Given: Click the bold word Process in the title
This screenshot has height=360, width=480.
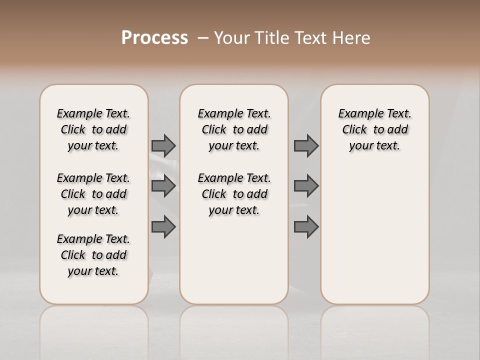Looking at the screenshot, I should coord(154,37).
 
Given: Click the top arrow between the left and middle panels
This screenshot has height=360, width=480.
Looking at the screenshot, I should coord(163,145).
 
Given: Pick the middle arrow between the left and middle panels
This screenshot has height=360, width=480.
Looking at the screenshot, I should coord(163,186).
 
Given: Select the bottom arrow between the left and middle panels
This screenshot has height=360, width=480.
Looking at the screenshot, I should coord(163,227).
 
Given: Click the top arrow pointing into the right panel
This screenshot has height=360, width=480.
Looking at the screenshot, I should coord(306,145).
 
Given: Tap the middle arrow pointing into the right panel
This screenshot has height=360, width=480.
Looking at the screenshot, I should coord(306,186).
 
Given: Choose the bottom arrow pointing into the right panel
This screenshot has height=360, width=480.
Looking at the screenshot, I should coord(306,227).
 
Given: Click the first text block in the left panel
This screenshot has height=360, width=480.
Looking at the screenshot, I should coord(93,129).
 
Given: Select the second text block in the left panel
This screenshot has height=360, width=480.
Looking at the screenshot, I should coord(93,194).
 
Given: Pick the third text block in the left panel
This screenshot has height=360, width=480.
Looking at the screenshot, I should coord(93,255).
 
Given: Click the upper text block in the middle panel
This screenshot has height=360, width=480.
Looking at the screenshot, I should coord(234,129).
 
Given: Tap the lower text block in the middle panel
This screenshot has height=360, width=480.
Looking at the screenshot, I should coord(234,194).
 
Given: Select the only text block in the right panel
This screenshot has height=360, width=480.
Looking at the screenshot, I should coord(374,129).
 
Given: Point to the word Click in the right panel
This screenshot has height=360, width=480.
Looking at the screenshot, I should coord(354,129).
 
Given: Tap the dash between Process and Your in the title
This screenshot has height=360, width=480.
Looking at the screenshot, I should coord(202,37).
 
